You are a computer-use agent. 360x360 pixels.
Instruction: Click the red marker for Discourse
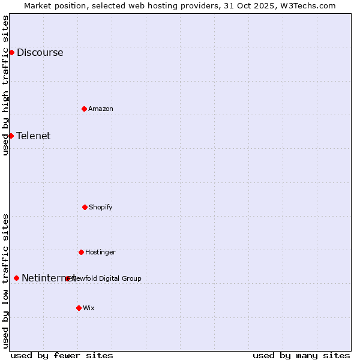pos(11,52)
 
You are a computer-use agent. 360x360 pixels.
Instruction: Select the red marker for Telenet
pos(11,136)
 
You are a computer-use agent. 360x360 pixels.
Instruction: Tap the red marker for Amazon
pos(84,109)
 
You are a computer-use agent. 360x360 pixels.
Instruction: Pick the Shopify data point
pos(85,207)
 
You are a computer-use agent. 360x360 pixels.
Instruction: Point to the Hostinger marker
pos(81,252)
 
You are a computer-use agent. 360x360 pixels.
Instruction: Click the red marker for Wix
pos(79,308)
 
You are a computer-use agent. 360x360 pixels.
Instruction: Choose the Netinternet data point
pos(16,278)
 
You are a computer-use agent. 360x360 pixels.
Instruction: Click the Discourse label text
pos(40,52)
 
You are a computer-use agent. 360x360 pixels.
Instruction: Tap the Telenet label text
pos(34,136)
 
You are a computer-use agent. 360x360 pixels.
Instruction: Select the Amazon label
pos(101,109)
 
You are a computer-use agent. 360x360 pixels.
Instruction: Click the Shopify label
pos(101,207)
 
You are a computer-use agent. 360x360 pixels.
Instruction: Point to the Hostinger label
pos(100,252)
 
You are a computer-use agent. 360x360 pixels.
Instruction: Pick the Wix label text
pos(89,308)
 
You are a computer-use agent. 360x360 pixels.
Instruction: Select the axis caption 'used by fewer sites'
pos(62,355)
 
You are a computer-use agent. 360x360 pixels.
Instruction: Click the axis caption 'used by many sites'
pos(301,355)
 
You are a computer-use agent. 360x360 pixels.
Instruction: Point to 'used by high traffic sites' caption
pos(5,85)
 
